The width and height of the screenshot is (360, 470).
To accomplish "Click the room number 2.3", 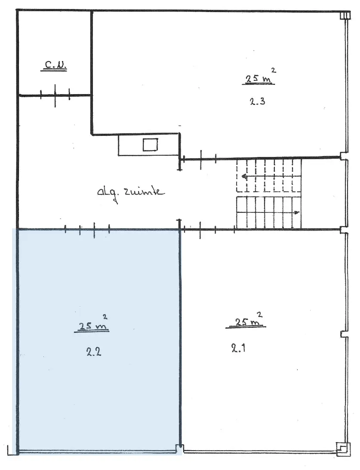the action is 258,101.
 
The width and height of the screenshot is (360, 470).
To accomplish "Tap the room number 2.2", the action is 93,351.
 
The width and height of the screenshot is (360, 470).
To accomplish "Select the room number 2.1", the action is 239,348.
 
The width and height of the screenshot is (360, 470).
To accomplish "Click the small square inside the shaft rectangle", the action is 150,145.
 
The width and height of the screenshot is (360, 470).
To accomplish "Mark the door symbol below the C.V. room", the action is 55,95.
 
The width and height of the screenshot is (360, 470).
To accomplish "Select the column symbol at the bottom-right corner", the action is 343,450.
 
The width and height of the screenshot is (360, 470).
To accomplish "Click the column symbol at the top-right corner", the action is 345,15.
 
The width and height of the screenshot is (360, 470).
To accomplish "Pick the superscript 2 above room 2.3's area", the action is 274,71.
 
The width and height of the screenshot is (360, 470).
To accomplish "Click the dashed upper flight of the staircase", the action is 268,175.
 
